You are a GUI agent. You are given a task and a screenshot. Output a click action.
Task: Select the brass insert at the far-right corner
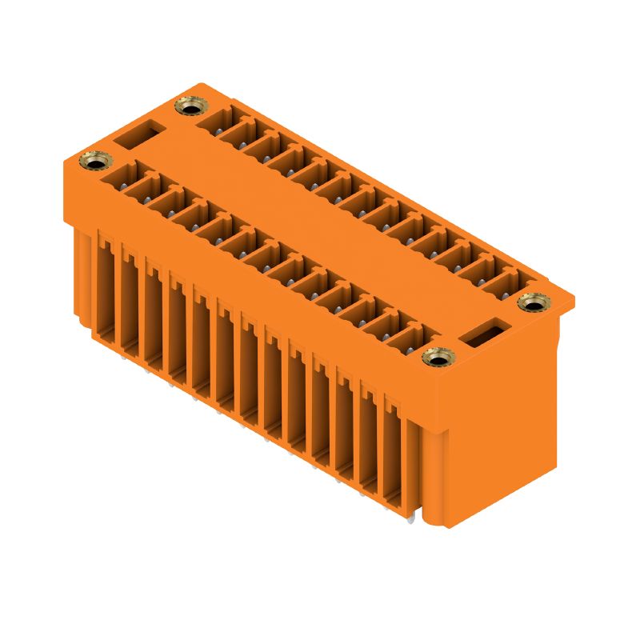531,302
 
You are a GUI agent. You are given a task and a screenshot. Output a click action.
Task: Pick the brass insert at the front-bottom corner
436,358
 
